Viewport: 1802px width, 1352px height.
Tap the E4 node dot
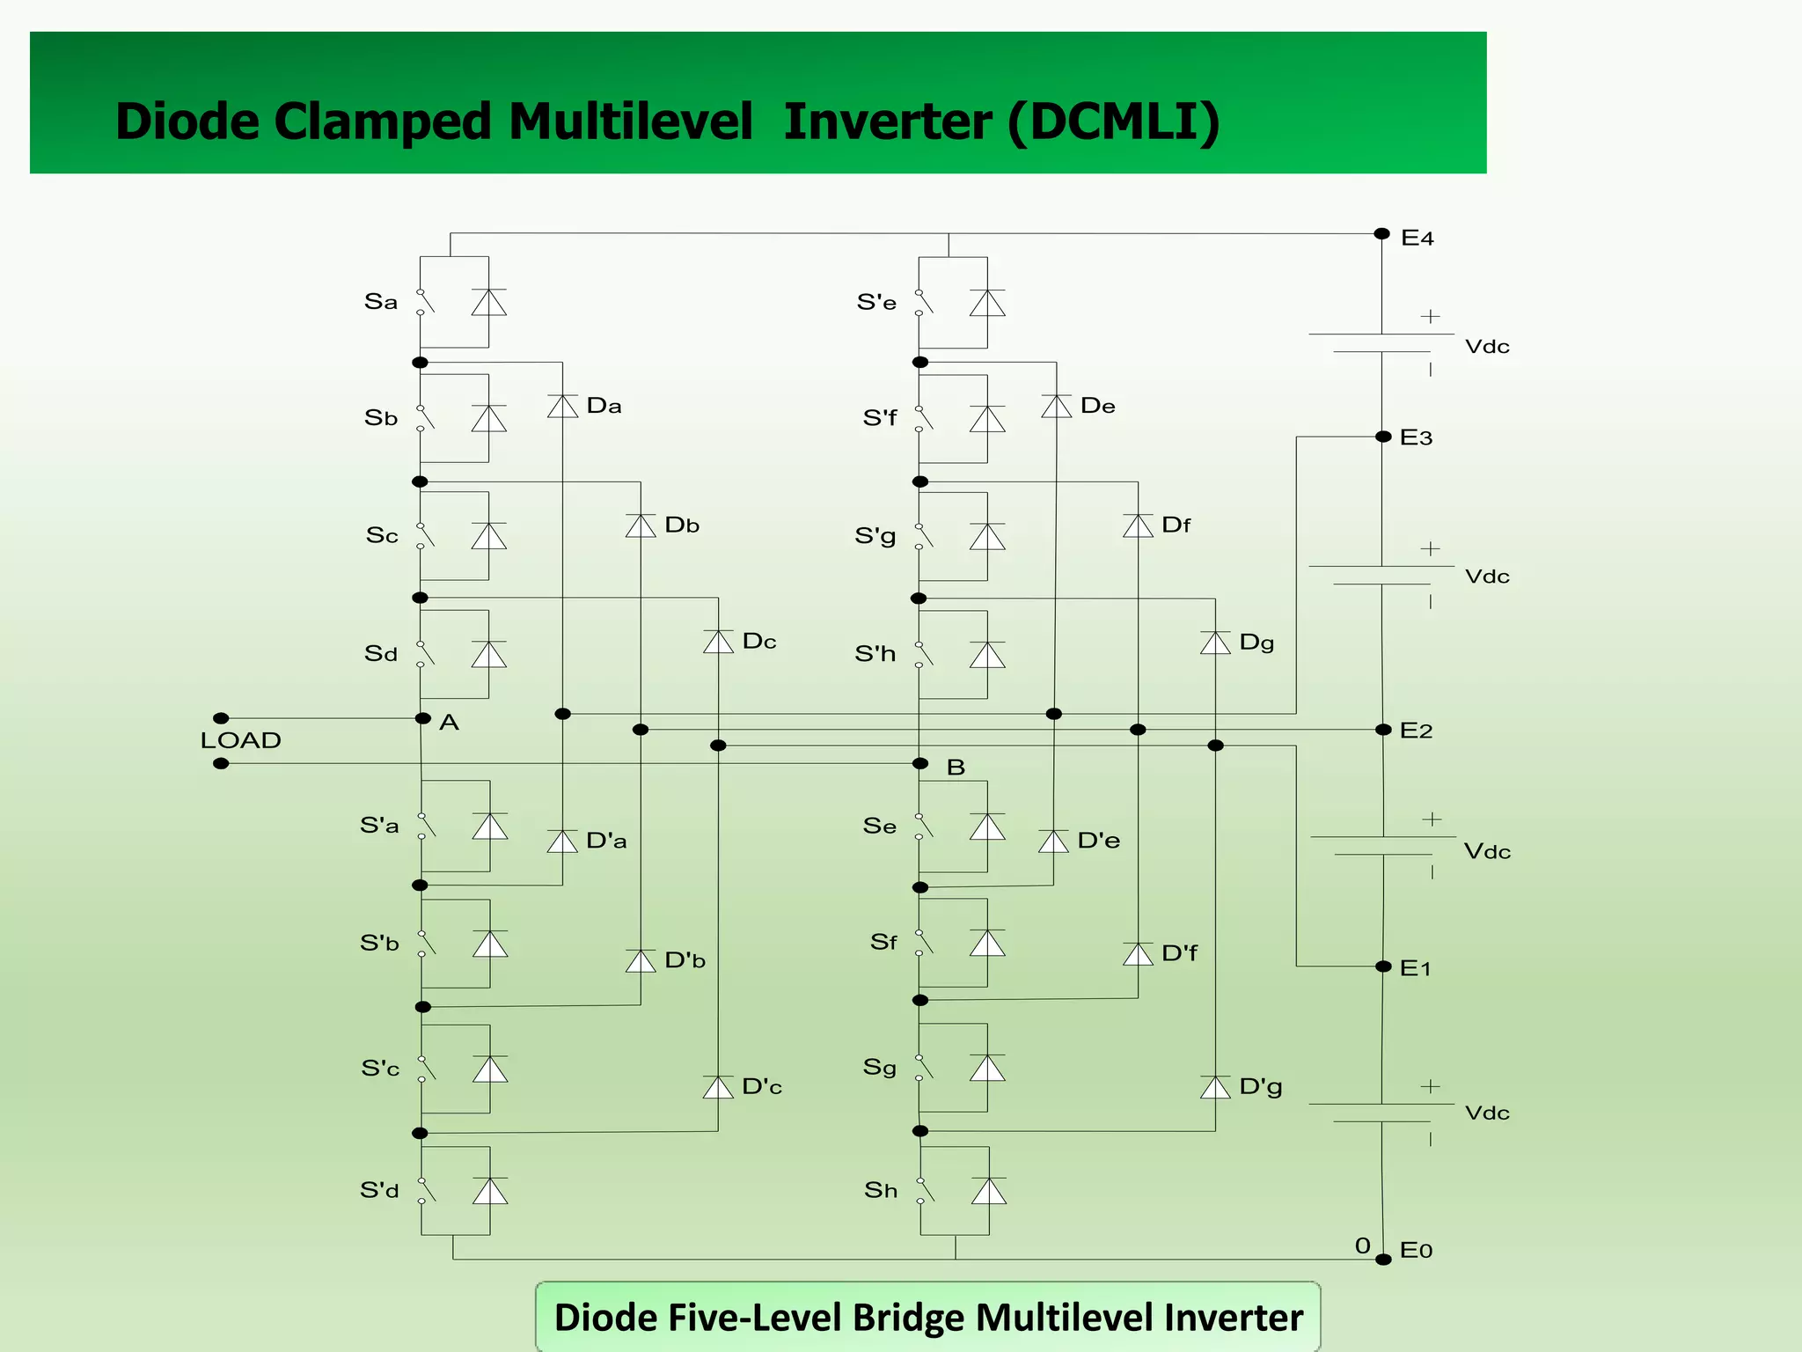(1381, 234)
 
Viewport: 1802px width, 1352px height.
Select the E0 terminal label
(1416, 1250)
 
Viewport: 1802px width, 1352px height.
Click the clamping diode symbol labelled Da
(562, 406)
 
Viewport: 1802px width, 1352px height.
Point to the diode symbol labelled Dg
(1215, 643)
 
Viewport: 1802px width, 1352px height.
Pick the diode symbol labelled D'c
(718, 1087)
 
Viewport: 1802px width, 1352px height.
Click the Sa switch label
(381, 302)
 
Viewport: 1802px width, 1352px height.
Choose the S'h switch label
(875, 654)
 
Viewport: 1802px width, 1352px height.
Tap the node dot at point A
(423, 718)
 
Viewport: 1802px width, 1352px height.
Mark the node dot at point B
(920, 763)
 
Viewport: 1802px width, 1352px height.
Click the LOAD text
(240, 740)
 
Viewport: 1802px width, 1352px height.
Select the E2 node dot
(1383, 730)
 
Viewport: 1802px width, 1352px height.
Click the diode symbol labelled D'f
(1138, 954)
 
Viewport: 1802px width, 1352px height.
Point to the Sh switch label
(881, 1190)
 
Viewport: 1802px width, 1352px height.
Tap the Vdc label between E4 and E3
(1487, 347)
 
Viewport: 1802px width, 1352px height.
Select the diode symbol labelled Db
(641, 525)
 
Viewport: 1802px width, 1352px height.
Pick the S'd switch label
(379, 1191)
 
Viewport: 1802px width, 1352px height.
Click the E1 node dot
(1383, 966)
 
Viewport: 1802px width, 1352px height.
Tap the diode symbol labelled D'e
(1053, 841)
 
